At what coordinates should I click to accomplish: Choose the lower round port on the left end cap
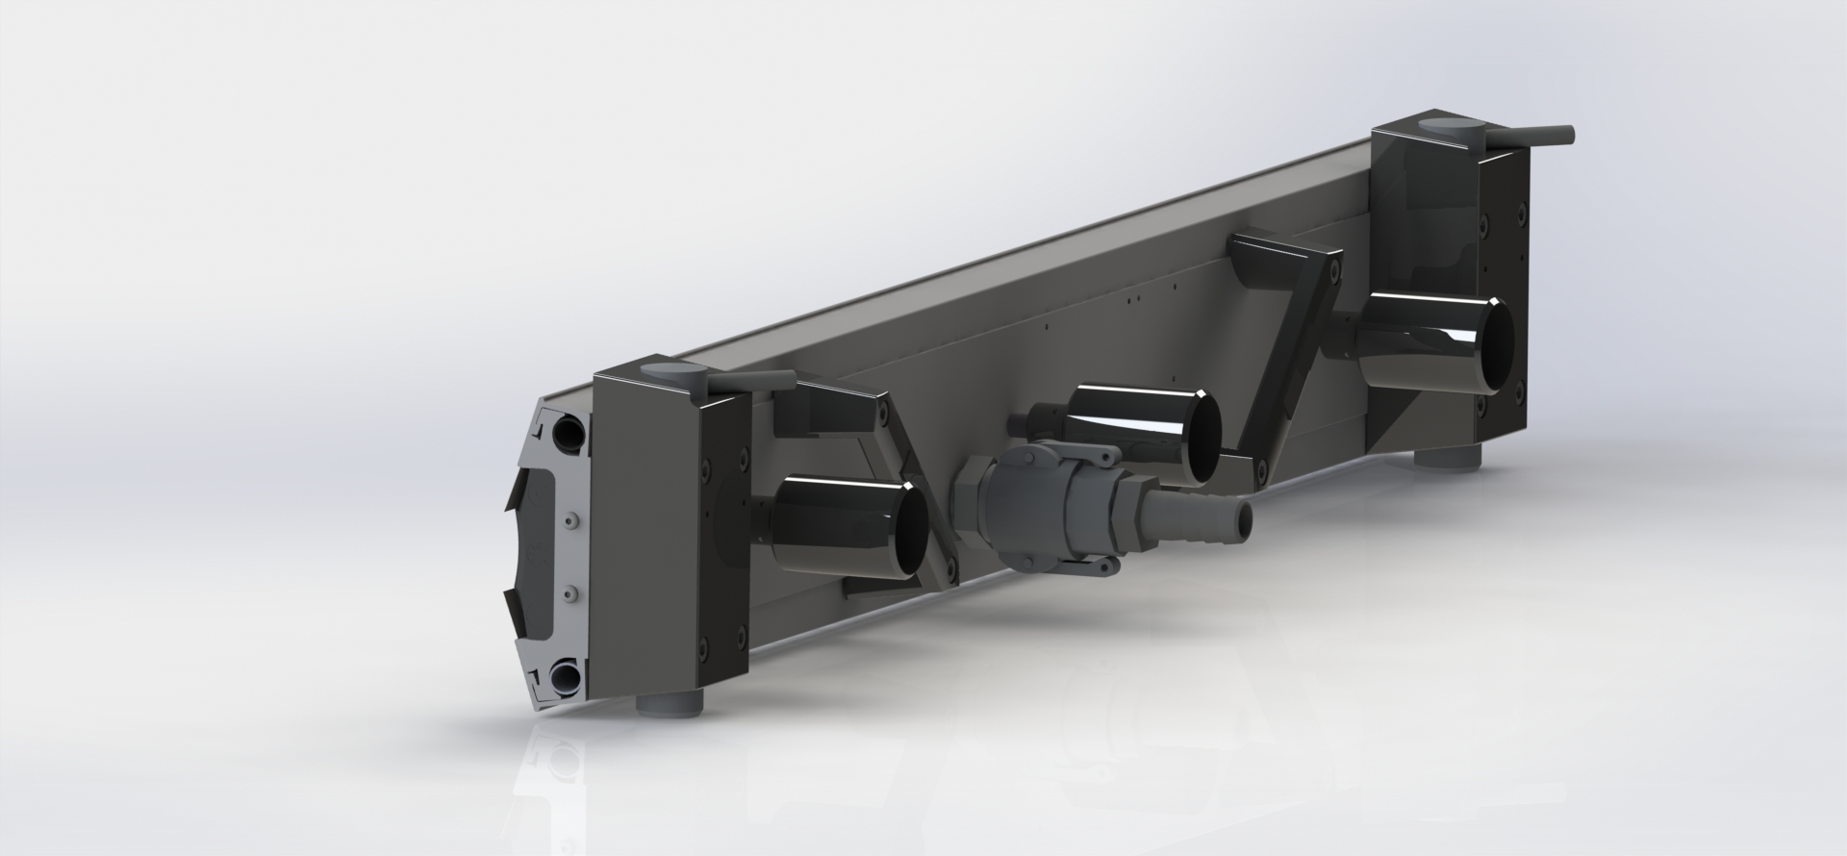click(567, 679)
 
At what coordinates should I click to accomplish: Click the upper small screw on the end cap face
click(572, 520)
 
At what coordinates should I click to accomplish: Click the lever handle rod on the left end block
click(751, 384)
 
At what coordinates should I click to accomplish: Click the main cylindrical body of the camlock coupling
click(1044, 510)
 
